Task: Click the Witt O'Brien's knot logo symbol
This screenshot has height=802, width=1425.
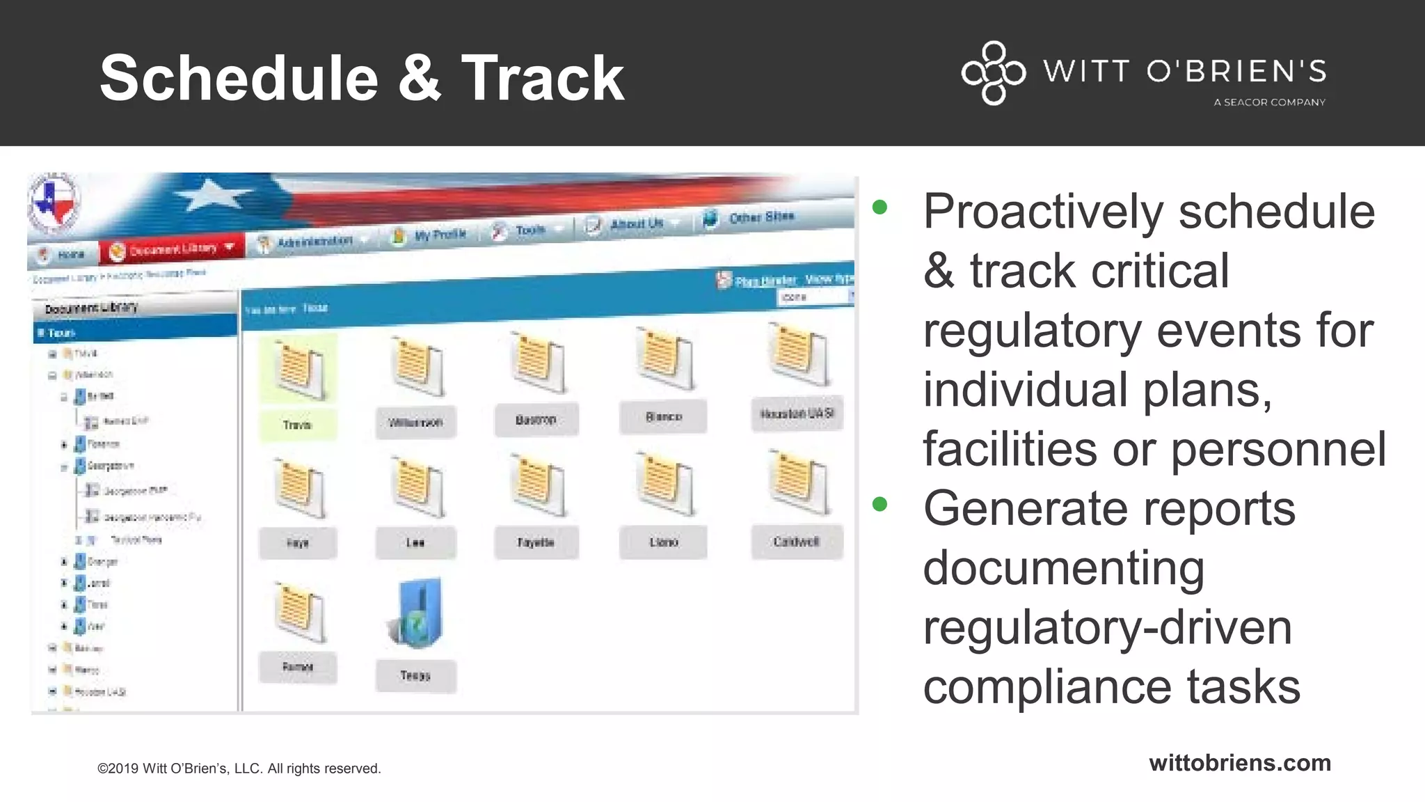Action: click(993, 72)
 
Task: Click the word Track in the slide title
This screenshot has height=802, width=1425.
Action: click(543, 78)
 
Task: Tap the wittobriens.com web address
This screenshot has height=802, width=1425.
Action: click(1239, 762)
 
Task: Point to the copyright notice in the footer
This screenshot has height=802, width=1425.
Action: click(239, 769)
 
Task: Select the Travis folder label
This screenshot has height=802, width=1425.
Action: click(297, 425)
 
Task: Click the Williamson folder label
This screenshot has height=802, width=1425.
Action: click(415, 423)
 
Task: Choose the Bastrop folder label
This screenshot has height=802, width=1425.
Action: click(536, 420)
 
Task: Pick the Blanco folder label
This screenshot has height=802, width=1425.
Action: click(663, 417)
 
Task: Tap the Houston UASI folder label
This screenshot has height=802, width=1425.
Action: click(797, 414)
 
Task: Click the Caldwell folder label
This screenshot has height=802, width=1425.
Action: click(797, 542)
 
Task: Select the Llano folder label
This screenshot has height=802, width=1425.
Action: click(663, 542)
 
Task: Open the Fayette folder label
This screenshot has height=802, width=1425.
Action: click(536, 542)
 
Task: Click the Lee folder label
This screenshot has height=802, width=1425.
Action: click(415, 542)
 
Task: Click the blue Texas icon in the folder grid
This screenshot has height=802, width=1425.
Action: click(417, 613)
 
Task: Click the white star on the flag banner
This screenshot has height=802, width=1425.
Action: click(207, 195)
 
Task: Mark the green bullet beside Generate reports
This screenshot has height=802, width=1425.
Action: click(879, 503)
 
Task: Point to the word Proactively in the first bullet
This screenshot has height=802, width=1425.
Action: click(1042, 211)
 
